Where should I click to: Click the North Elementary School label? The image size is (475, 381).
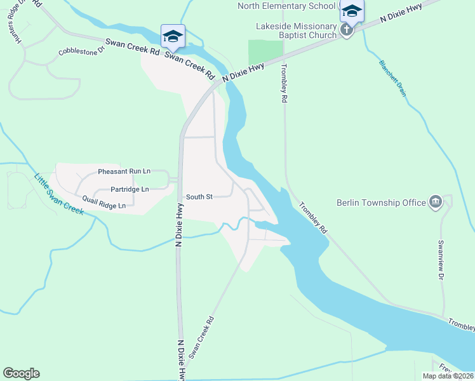[x=286, y=6]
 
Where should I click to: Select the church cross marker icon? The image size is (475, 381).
[x=346, y=30]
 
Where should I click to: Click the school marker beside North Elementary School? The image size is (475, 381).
[x=351, y=11]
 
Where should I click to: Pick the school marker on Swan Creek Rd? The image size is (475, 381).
[x=173, y=36]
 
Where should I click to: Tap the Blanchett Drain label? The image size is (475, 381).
[x=392, y=77]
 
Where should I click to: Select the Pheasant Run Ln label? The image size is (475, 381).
[x=124, y=171]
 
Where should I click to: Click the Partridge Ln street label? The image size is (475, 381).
[x=130, y=189]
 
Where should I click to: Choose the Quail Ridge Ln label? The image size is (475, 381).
[x=104, y=201]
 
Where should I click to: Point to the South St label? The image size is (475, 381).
[x=199, y=197]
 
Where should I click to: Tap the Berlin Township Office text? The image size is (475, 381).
[x=381, y=203]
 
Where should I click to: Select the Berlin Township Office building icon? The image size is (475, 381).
[x=436, y=203]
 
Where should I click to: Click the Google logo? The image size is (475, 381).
[x=21, y=373]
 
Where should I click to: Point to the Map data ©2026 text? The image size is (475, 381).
[x=448, y=376]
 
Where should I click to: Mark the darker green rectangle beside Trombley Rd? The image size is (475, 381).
[x=264, y=52]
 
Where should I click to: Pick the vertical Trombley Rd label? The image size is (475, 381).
[x=284, y=84]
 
